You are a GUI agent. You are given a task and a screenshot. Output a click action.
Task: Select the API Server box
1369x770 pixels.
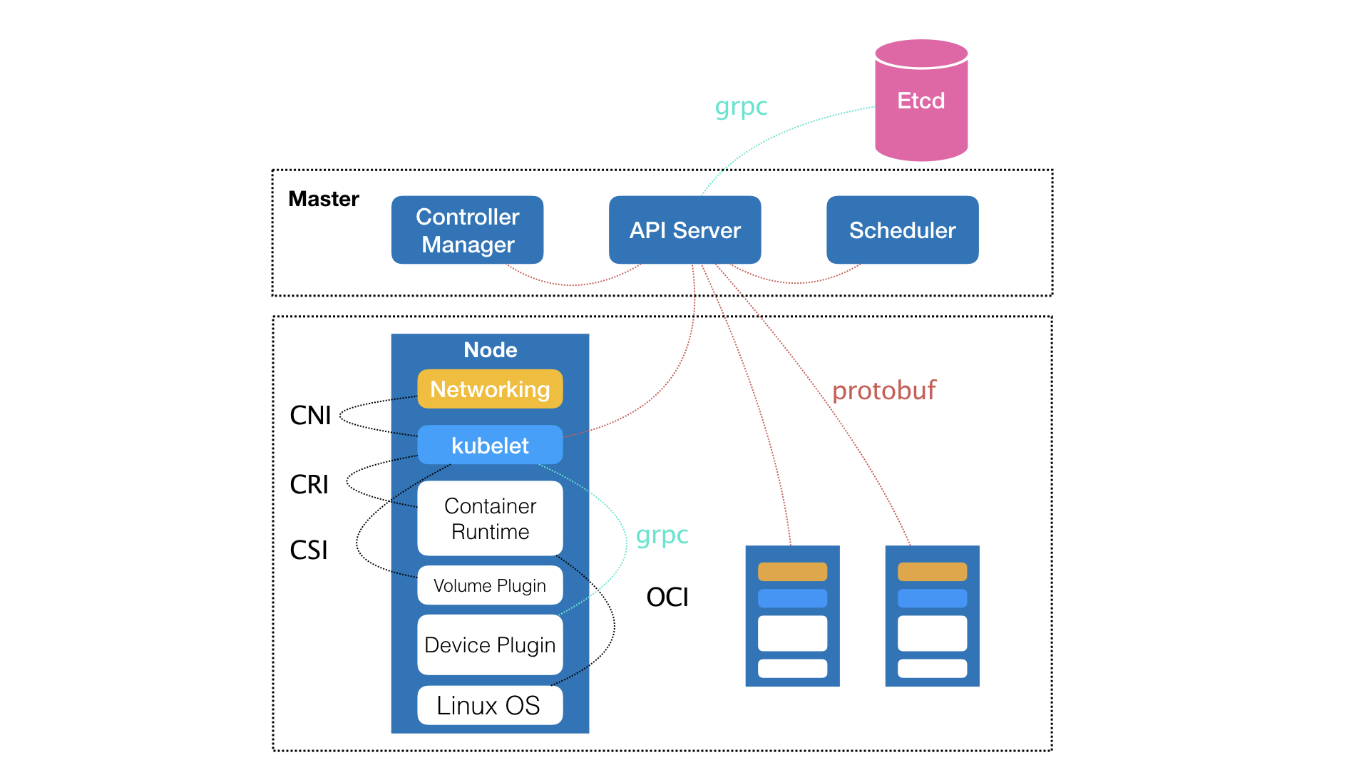684,230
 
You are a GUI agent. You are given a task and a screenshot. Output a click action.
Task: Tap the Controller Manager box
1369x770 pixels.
467,230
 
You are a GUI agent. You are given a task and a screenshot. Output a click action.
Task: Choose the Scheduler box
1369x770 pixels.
902,230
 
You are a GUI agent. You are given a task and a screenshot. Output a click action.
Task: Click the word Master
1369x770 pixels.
324,199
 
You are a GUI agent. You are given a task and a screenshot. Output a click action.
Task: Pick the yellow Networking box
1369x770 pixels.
490,389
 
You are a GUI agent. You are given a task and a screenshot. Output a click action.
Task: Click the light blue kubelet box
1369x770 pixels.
490,446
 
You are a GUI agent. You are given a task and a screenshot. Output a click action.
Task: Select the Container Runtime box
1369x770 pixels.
490,518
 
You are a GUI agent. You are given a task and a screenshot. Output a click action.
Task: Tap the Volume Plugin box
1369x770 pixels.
490,585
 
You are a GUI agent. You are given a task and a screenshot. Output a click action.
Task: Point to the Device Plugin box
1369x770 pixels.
490,645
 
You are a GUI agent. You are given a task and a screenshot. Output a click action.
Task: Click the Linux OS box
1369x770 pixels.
490,705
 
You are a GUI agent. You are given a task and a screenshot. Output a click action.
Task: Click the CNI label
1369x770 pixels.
310,416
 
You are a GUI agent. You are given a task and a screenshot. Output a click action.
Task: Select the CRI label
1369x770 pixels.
309,485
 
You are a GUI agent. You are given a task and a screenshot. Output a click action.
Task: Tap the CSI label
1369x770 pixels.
309,550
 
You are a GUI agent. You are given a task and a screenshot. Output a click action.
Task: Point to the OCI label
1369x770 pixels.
667,597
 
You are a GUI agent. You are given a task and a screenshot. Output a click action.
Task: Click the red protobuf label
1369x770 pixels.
883,391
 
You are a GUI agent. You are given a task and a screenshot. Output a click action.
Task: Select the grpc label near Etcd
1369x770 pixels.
741,107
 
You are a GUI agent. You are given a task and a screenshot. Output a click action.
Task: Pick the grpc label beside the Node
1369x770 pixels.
662,535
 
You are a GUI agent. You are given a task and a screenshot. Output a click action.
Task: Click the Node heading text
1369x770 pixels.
490,350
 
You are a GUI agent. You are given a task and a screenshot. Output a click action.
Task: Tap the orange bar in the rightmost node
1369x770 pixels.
932,572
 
